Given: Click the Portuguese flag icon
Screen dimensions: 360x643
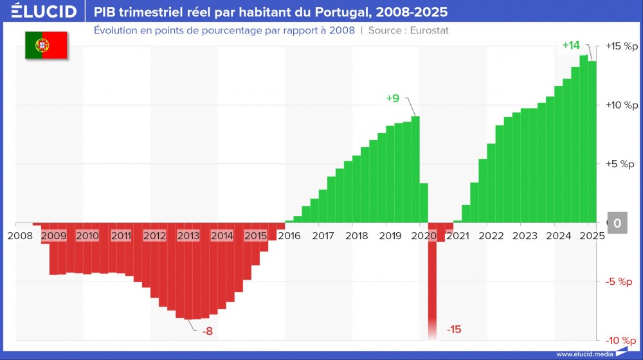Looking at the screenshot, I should (46, 45).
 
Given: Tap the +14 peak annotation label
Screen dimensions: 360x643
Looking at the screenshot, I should (571, 46).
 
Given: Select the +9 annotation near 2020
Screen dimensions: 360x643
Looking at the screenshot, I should (393, 98).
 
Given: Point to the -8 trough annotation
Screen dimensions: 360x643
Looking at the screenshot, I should (207, 331).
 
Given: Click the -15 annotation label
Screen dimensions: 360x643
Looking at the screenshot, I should (454, 330).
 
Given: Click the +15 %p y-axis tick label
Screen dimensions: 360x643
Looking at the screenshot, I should (621, 46).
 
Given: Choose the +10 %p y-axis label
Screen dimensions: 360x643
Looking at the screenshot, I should (621, 105).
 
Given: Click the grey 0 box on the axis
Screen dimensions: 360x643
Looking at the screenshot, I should (617, 223).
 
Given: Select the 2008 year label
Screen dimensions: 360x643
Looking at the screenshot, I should (20, 236).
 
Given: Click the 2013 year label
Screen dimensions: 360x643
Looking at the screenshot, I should (188, 236).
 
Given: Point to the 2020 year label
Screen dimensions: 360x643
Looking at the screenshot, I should (423, 236).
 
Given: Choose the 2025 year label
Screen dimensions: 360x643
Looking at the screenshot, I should (591, 236).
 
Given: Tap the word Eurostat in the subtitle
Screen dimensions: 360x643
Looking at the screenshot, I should (428, 30).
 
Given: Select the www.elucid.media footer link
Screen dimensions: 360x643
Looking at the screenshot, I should (584, 354).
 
